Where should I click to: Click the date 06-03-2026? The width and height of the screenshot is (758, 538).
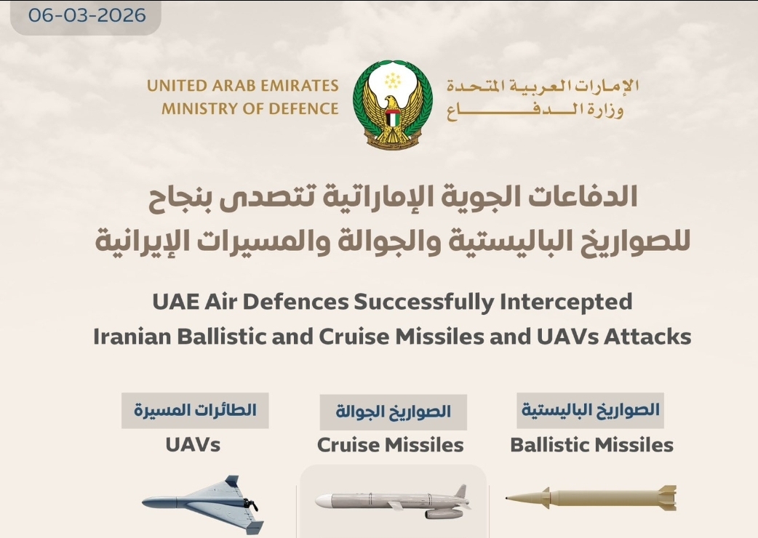(x=87, y=15)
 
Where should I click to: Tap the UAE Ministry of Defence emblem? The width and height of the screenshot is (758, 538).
(x=393, y=104)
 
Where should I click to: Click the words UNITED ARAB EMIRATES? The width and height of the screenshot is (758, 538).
(x=243, y=86)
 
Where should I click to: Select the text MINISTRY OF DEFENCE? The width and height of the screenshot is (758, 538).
(x=250, y=108)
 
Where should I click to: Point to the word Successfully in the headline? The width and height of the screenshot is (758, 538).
(x=424, y=302)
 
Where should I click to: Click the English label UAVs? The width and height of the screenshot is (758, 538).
(x=193, y=444)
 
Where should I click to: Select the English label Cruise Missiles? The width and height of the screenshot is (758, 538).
(x=390, y=445)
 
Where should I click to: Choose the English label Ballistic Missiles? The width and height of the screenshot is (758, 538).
(x=591, y=445)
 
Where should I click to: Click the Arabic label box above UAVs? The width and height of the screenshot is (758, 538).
(x=195, y=411)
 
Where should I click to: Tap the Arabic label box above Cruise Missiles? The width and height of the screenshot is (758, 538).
(x=393, y=412)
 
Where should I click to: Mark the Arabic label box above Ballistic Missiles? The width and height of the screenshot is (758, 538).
(x=590, y=411)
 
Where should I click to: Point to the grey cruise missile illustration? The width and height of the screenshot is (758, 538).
(x=393, y=502)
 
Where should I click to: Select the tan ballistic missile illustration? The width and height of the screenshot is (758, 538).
(x=591, y=498)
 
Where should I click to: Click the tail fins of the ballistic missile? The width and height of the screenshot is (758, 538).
(x=668, y=498)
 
